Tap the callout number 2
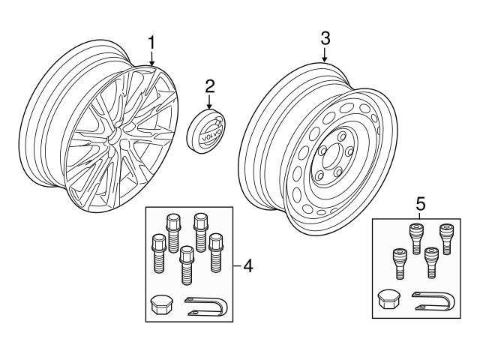(209, 85)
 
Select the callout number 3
(325, 37)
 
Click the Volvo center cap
(208, 132)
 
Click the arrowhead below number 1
(151, 61)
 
